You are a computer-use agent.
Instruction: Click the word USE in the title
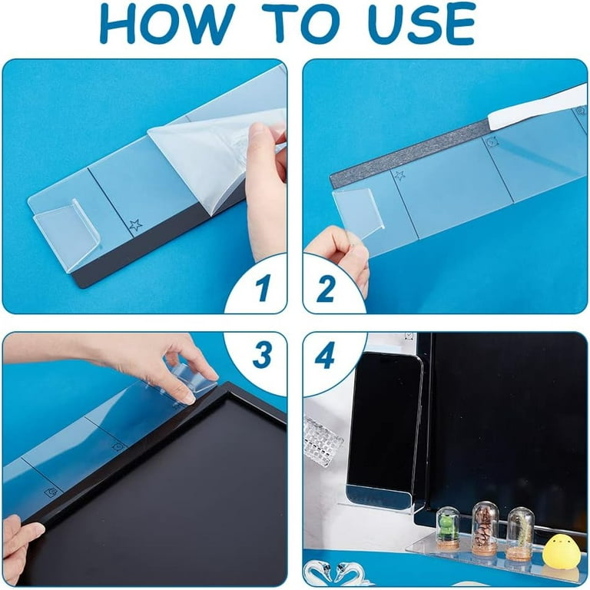[422, 23]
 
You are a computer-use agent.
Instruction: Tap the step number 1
[262, 287]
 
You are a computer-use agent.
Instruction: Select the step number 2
[325, 289]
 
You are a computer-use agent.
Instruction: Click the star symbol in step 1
[135, 225]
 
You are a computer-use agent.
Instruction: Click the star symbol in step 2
[399, 175]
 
